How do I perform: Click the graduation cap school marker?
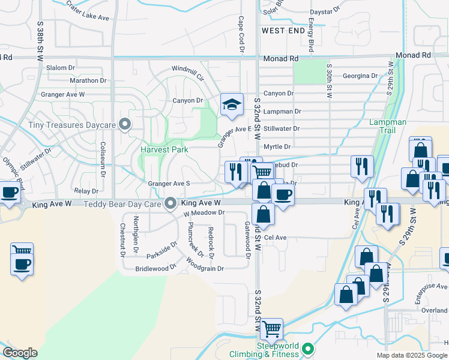(232, 105)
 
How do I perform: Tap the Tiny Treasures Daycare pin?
(125, 125)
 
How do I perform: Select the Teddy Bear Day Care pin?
(171, 203)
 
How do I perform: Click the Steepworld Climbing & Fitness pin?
(308, 348)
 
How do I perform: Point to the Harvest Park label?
(164, 149)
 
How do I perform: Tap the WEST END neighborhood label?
(280, 29)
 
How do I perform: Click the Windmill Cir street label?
(188, 73)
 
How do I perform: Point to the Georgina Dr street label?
(360, 76)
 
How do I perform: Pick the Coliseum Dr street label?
(103, 157)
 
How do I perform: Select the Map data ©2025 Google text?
(411, 355)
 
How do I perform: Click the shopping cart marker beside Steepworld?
(271, 328)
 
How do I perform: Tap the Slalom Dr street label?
(59, 68)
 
